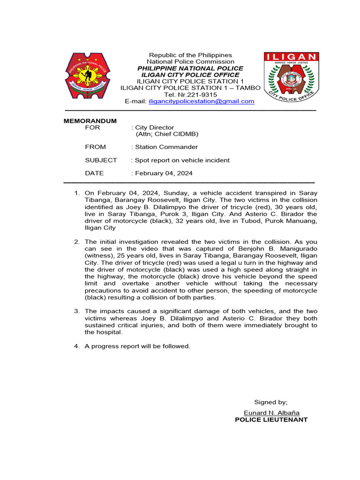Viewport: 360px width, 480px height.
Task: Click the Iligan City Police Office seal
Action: (291, 78)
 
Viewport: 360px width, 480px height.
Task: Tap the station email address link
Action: (202, 101)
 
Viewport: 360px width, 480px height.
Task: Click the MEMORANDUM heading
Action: (90, 121)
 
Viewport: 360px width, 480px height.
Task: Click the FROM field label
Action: (95, 147)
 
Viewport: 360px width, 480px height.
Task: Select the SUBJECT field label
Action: (101, 160)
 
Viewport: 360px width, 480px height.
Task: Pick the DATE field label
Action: (94, 173)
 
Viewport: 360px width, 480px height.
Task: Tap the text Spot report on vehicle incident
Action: (182, 160)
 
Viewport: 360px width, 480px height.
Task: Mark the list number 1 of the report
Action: (77, 193)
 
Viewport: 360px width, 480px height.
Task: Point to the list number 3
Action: (77, 311)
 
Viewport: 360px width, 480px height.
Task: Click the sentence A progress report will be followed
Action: (137, 346)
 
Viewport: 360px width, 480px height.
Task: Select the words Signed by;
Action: (271, 402)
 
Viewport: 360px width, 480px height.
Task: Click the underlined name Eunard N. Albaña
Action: (271, 413)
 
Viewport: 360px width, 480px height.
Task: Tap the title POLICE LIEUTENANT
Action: (271, 420)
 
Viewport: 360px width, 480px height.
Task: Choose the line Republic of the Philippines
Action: (190, 55)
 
